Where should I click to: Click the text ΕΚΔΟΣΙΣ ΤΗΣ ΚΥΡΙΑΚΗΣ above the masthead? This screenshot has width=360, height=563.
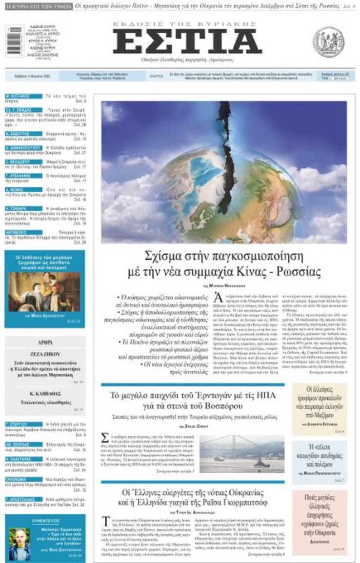click(187, 24)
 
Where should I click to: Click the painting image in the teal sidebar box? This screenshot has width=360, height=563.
click(44, 292)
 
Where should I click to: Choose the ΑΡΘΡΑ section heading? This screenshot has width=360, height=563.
click(44, 343)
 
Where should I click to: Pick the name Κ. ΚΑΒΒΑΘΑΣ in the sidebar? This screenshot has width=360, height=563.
click(44, 393)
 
